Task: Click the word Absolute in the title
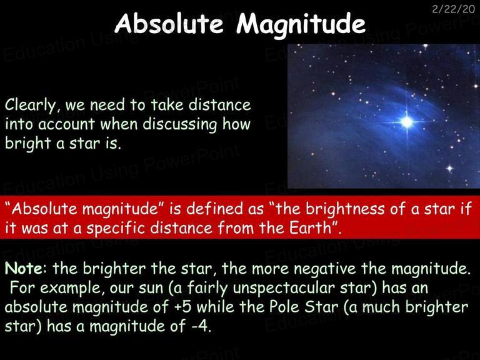(169, 23)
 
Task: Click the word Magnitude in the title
(301, 25)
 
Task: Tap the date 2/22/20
(453, 9)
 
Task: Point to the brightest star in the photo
(407, 122)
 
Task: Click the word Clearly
(31, 106)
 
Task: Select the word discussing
(180, 125)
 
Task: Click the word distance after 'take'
(219, 105)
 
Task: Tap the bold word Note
(24, 268)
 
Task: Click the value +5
(182, 307)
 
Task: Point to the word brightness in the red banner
(345, 209)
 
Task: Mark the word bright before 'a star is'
(28, 144)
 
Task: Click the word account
(67, 125)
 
